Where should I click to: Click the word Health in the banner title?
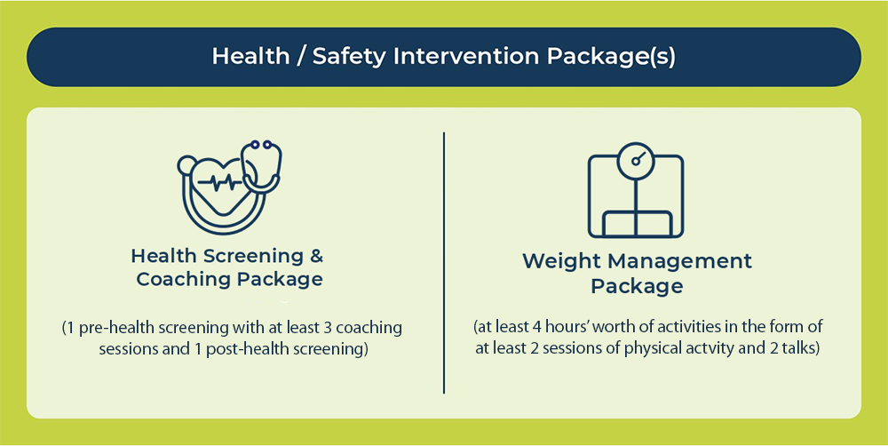pyautogui.click(x=250, y=56)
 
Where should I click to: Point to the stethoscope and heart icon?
pyautogui.click(x=230, y=187)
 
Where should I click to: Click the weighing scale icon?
pyautogui.click(x=636, y=190)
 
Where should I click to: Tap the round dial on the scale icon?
pyautogui.click(x=636, y=161)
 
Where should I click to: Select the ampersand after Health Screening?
pyautogui.click(x=317, y=256)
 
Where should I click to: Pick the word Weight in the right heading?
pyautogui.click(x=560, y=262)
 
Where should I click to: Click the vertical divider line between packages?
pyautogui.click(x=444, y=262)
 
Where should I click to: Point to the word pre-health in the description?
pyautogui.click(x=114, y=328)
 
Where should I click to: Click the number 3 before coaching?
pyautogui.click(x=328, y=328)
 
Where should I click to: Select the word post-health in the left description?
pyautogui.click(x=243, y=349)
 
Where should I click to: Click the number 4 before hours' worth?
pyautogui.click(x=535, y=327)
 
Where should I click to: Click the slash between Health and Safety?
pyautogui.click(x=301, y=57)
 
